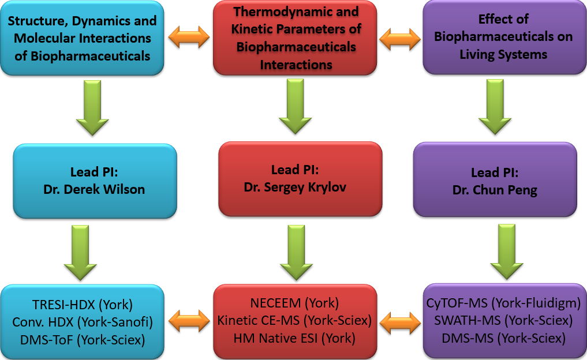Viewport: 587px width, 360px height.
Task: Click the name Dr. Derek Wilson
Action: click(x=94, y=189)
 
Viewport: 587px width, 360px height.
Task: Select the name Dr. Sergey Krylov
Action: click(x=295, y=187)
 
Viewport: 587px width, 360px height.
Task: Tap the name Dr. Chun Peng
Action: click(x=495, y=190)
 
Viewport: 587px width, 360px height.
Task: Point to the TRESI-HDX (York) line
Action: click(x=83, y=305)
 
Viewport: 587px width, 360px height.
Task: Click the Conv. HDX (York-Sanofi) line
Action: click(x=83, y=322)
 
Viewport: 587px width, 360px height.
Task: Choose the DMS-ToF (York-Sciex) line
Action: click(x=83, y=340)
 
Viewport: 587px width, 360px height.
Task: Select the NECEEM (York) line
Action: click(x=294, y=303)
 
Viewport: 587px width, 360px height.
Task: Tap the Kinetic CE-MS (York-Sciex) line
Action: click(x=294, y=320)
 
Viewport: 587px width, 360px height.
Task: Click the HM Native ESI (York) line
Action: click(x=294, y=338)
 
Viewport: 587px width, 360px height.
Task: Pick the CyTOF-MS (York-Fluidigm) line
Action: click(x=503, y=303)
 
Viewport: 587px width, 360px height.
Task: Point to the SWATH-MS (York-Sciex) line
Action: click(x=503, y=320)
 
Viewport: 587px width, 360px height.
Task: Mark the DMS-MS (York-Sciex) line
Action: click(x=503, y=338)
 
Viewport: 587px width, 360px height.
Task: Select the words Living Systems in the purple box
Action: click(x=503, y=55)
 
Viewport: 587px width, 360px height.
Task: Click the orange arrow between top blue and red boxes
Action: click(x=189, y=37)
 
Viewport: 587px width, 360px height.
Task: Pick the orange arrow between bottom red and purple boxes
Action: click(x=400, y=322)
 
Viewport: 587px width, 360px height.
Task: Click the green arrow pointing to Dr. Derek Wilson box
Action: click(x=92, y=108)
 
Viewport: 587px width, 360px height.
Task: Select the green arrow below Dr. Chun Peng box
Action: click(x=507, y=252)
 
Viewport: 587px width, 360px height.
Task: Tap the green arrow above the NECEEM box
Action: click(x=297, y=253)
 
